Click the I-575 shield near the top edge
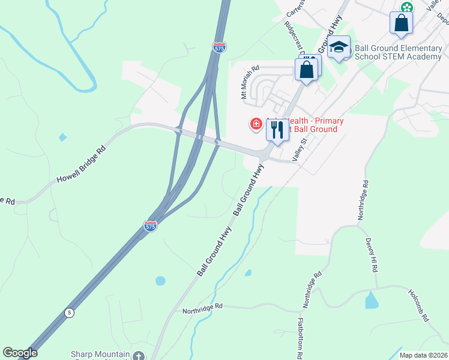[x=219, y=47]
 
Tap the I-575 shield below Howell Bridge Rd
[x=150, y=226]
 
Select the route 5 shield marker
[x=70, y=313]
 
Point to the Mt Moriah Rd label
[x=250, y=82]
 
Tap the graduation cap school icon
[x=339, y=47]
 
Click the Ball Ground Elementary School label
[x=398, y=52]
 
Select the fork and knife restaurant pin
[x=277, y=129]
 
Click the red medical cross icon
[x=256, y=124]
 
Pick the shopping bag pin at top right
[x=401, y=23]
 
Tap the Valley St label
[x=299, y=149]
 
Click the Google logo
[x=20, y=353]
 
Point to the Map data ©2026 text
[x=424, y=355]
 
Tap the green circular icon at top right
[x=407, y=7]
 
